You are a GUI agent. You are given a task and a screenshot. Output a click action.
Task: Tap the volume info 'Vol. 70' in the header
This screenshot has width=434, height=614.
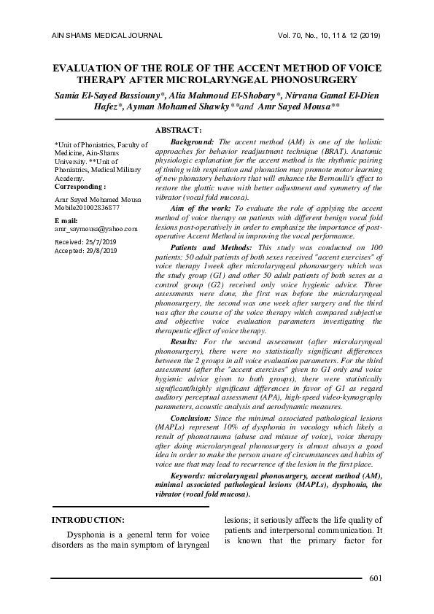(289, 35)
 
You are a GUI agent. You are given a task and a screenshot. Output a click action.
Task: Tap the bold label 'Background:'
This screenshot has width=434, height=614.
(193, 141)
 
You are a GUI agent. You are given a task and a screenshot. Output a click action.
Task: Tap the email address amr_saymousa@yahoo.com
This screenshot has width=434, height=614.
(96, 228)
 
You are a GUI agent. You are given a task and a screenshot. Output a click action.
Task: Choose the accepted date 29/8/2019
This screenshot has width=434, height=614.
(102, 251)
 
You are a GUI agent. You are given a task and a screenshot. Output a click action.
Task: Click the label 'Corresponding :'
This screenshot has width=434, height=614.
(80, 186)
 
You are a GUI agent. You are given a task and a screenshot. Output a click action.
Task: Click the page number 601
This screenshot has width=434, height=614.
(376, 579)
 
